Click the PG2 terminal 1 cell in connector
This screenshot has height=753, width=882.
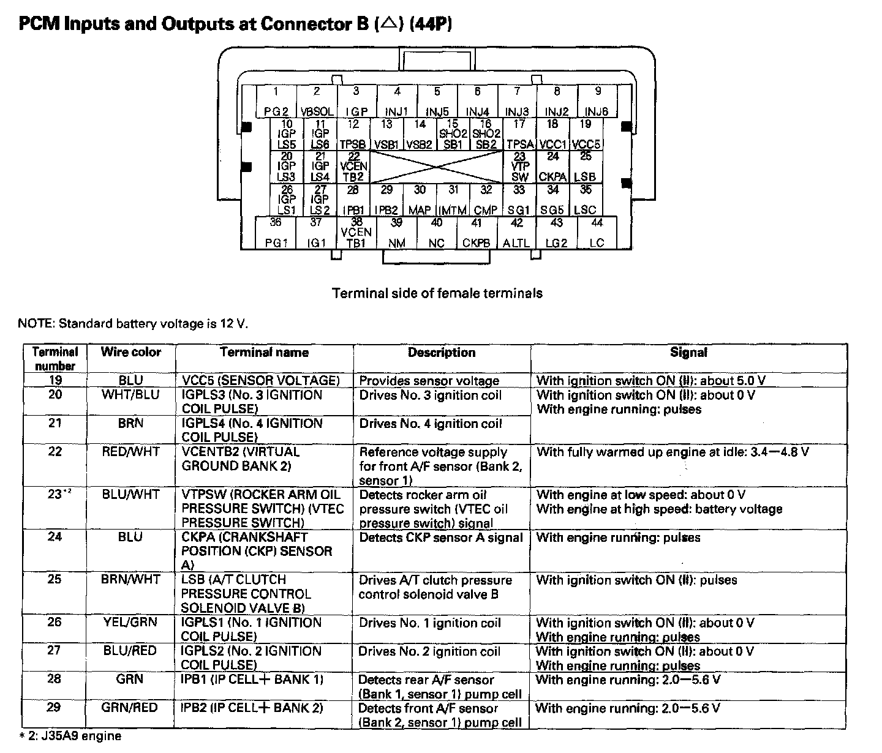tap(276, 102)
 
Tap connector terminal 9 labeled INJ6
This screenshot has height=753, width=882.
tap(597, 102)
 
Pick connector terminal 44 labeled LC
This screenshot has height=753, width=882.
tap(597, 233)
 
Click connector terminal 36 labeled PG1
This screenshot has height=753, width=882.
tap(276, 233)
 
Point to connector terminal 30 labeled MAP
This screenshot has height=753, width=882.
tap(420, 200)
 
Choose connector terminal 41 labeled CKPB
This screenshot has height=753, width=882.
tap(477, 233)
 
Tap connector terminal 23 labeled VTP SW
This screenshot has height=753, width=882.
tap(519, 167)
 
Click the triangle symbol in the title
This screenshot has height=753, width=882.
tap(388, 24)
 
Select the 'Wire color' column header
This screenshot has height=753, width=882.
tap(130, 352)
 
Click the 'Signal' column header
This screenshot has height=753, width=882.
tap(688, 352)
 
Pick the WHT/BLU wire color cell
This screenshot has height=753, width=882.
tap(130, 395)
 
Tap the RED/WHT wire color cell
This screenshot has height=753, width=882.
tap(130, 452)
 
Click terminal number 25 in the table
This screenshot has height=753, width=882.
tap(55, 579)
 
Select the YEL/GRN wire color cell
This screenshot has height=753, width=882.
tap(130, 622)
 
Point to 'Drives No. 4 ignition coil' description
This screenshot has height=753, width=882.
tap(431, 424)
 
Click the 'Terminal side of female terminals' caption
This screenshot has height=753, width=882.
tap(437, 293)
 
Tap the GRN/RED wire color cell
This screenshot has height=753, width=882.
tap(130, 708)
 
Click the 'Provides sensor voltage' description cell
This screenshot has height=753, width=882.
tap(429, 381)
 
